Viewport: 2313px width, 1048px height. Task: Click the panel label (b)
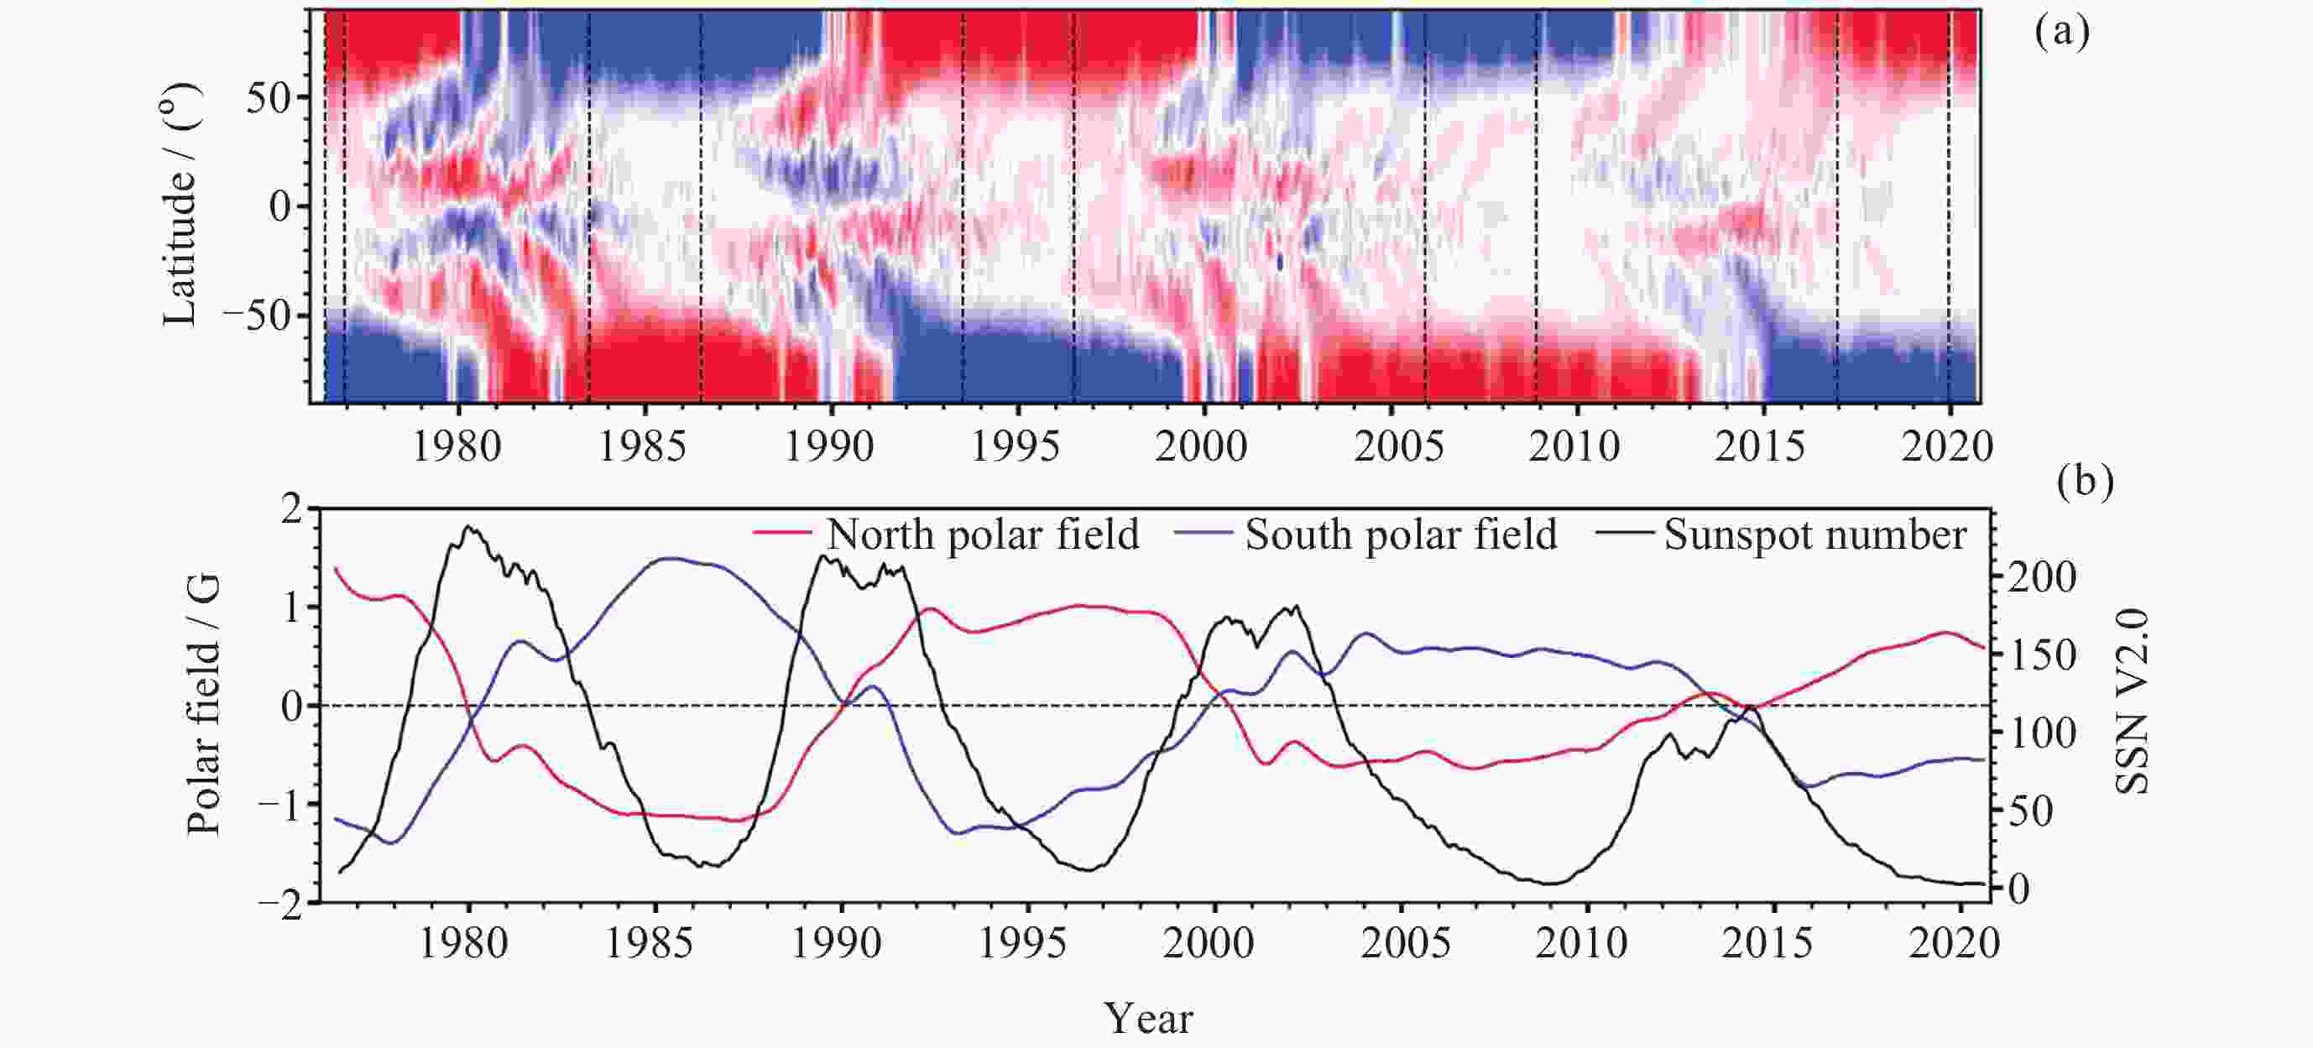click(2085, 482)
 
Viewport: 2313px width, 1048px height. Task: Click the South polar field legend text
click(1401, 535)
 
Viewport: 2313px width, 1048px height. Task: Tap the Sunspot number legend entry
click(1814, 535)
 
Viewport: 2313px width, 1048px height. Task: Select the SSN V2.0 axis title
click(2133, 702)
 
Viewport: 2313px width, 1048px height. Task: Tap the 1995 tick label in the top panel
click(1016, 446)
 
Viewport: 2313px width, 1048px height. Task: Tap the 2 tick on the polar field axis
click(293, 511)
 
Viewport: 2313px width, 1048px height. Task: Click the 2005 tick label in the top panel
click(1398, 446)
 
